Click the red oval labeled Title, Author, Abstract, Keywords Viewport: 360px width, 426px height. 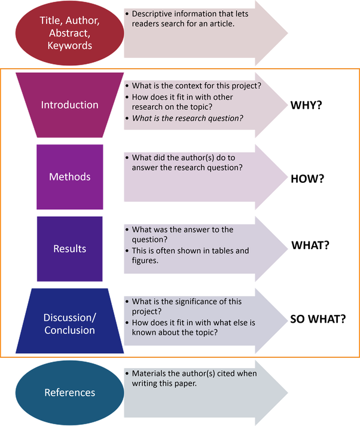(x=69, y=32)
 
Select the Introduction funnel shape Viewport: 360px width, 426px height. (x=69, y=105)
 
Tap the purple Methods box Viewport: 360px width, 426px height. (x=69, y=177)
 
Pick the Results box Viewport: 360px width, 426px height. (x=69, y=249)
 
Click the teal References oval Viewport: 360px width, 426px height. (x=69, y=393)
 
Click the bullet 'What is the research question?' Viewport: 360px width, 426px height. (x=187, y=118)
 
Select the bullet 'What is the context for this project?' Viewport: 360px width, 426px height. (x=196, y=85)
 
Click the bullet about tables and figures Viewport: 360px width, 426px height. (x=190, y=256)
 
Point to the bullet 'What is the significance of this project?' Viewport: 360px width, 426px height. (x=187, y=307)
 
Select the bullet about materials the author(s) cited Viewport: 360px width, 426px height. (x=194, y=378)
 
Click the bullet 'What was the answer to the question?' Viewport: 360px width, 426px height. (x=182, y=235)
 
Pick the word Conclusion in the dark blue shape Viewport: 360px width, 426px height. (x=69, y=330)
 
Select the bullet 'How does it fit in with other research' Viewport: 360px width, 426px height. (x=182, y=102)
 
